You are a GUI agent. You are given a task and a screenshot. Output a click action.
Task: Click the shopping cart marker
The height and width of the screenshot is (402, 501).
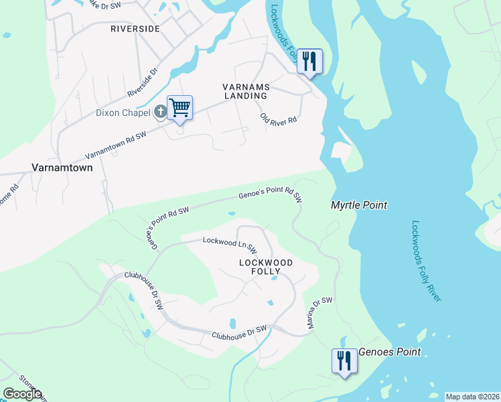(180, 108)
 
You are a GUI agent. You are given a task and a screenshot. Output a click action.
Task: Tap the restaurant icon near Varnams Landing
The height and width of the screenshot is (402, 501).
(309, 62)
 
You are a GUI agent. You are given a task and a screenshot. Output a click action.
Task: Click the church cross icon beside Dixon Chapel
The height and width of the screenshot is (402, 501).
(161, 112)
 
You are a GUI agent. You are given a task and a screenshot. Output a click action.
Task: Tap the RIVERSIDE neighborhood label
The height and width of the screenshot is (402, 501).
(135, 29)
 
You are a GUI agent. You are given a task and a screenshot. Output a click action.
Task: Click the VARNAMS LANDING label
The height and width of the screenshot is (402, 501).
(245, 91)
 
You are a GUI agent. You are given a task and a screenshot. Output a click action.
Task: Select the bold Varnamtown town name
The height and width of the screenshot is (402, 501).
(62, 167)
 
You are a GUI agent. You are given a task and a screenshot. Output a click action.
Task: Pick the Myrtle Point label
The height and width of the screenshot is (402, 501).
(359, 206)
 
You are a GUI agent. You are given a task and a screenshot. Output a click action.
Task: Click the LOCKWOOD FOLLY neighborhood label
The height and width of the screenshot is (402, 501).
(266, 267)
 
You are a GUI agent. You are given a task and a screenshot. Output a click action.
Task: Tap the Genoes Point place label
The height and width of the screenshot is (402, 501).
(390, 352)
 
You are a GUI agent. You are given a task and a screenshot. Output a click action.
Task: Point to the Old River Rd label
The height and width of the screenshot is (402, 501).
(279, 119)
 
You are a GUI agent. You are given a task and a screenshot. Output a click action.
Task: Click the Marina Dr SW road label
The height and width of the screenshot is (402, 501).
(320, 313)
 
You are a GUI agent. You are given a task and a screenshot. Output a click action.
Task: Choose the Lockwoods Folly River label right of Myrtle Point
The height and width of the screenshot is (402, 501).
(425, 261)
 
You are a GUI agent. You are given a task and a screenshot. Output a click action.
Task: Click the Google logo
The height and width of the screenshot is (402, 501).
(22, 394)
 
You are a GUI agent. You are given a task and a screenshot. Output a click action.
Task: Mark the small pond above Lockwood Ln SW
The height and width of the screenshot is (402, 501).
(231, 214)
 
